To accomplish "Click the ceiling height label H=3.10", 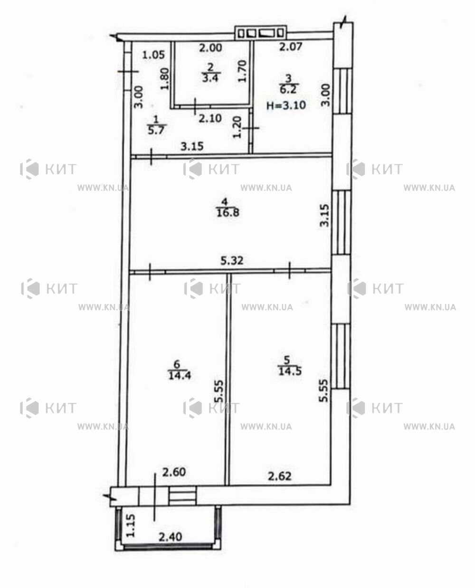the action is coord(286,105).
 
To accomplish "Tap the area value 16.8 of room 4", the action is coord(228,213).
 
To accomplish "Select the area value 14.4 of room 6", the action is coord(180,375).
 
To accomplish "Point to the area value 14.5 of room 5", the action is coord(290,371).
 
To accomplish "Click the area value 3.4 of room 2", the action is coord(210,78).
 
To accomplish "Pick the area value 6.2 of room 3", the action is coord(288,89).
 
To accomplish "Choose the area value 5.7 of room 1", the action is coord(156,130).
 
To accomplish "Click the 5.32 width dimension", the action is coord(232,260).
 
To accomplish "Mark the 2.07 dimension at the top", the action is coord(291,47).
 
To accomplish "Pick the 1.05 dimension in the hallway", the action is coord(153,55).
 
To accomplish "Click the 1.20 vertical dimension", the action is coord(237,127).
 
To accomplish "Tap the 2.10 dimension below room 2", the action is coord(210,118).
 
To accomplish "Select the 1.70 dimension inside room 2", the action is coord(242,71).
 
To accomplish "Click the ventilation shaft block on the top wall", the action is coord(261,33).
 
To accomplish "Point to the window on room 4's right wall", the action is coord(342,222).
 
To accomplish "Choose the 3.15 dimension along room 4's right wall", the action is coord(325,215).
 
